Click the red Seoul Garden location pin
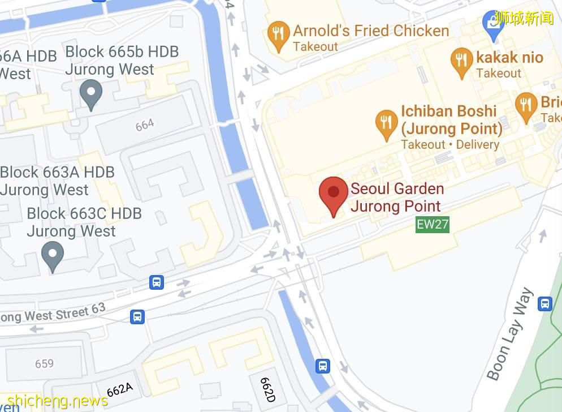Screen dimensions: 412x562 [334, 194]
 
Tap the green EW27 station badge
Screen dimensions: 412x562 [433, 224]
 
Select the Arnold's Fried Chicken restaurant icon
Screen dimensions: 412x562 [278, 36]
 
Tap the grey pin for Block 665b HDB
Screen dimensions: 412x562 [90, 93]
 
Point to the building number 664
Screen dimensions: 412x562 [145, 125]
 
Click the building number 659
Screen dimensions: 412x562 [44, 363]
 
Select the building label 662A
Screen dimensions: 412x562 [119, 389]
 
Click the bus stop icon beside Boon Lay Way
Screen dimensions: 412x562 [544, 303]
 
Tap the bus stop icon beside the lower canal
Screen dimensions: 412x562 [322, 366]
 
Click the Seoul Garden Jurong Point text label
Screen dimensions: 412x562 [397, 197]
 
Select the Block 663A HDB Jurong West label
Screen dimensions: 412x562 [57, 181]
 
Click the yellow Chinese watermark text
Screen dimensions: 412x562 [523, 18]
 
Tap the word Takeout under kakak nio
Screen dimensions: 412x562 [498, 73]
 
